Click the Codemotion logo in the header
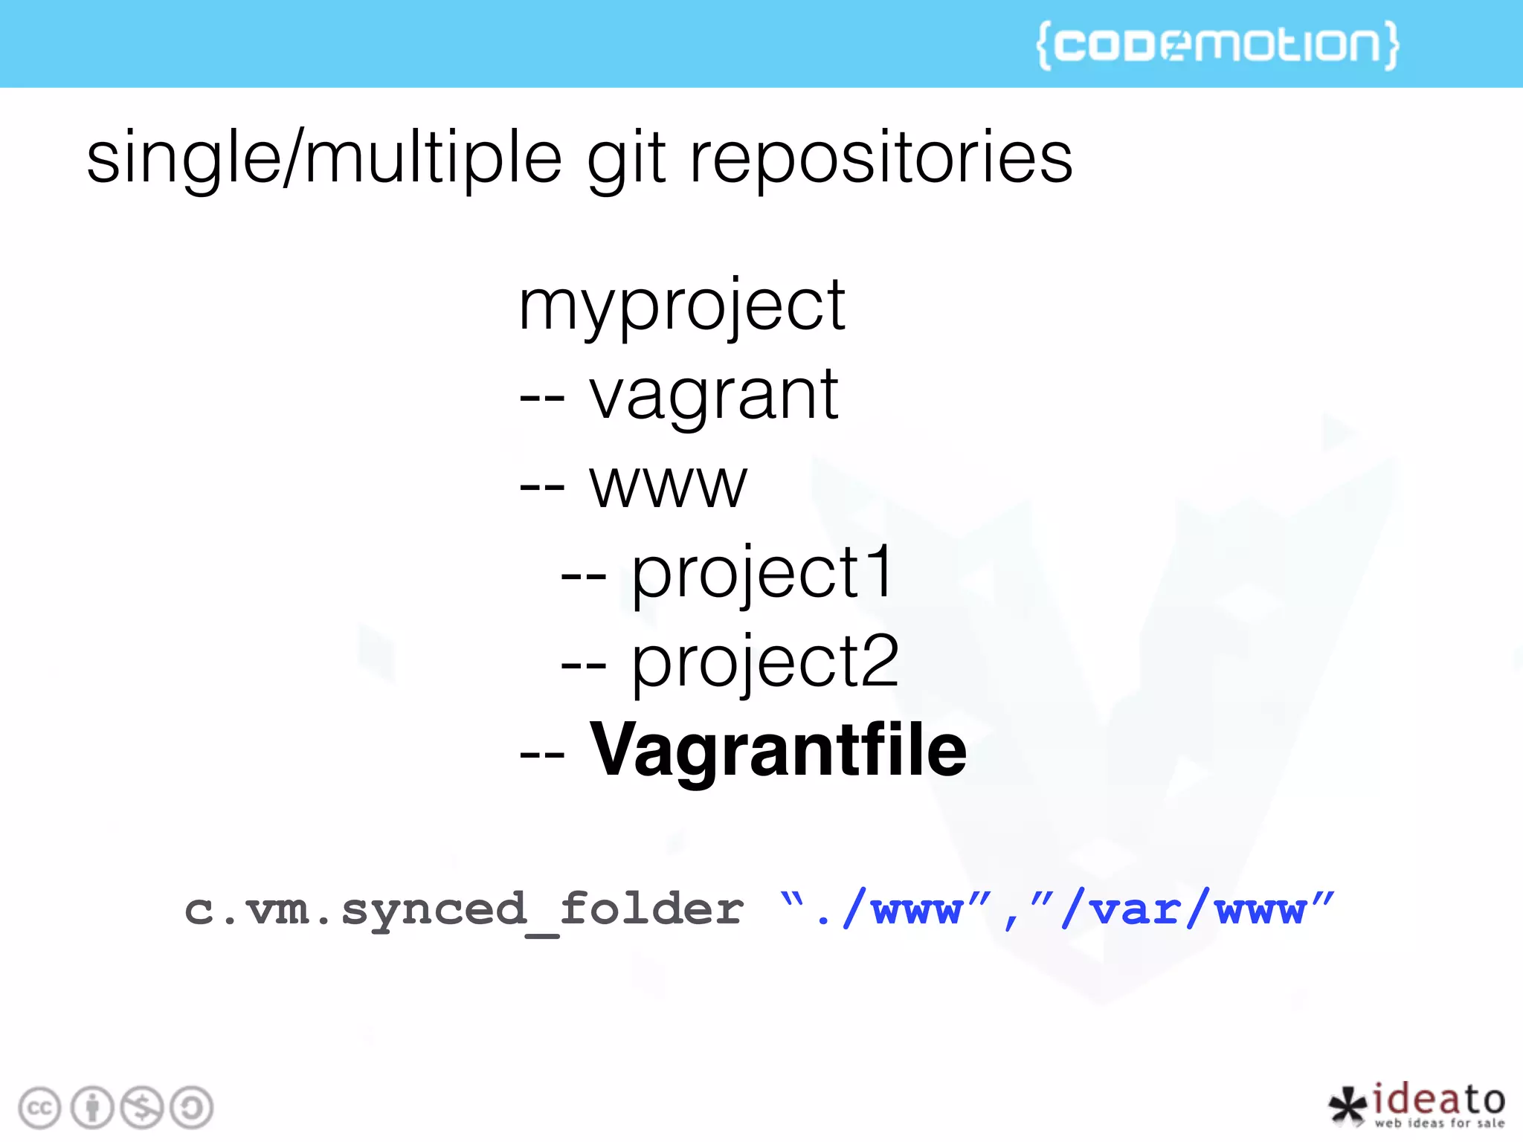pos(1217,45)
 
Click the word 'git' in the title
pos(625,158)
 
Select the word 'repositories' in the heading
pos(881,158)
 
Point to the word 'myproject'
pos(681,307)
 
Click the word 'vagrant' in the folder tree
pos(714,396)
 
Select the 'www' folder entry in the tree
pos(668,485)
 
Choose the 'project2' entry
pos(764,662)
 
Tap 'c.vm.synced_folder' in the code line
pos(464,910)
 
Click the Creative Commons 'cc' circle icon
pos(39,1108)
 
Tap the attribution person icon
pos(92,1108)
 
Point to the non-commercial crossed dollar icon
pos(142,1108)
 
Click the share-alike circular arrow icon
pos(192,1108)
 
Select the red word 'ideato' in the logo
pos(1438,1099)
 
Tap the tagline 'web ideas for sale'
pos(1439,1123)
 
